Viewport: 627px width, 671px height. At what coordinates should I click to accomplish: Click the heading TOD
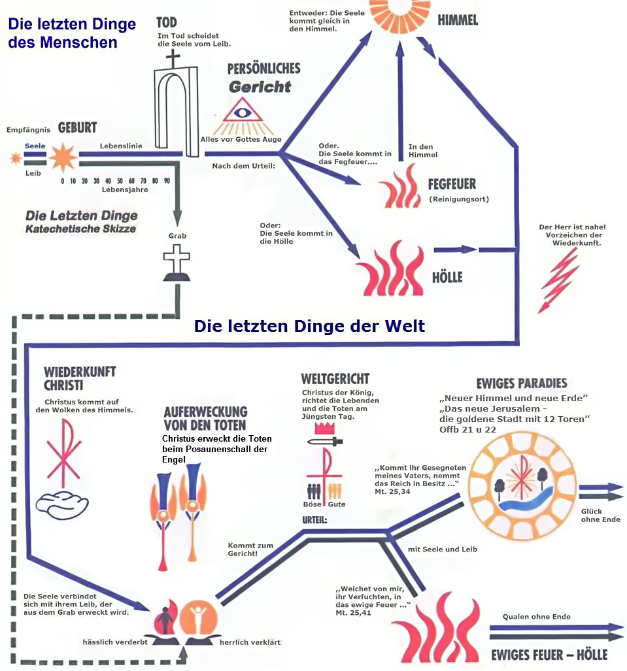click(166, 22)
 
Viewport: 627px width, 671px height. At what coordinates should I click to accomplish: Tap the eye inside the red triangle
click(242, 112)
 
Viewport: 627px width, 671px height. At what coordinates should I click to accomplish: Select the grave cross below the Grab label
click(177, 263)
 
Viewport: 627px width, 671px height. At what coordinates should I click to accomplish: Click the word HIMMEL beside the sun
click(458, 20)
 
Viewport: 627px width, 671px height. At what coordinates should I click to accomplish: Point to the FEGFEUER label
click(452, 184)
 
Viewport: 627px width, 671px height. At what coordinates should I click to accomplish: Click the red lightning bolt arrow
click(559, 281)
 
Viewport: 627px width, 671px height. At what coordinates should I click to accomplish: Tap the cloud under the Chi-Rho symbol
click(62, 505)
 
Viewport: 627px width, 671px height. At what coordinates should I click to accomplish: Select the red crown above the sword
click(325, 428)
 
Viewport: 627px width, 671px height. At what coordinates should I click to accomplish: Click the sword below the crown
click(325, 441)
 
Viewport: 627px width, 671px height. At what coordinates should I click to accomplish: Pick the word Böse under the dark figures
click(312, 504)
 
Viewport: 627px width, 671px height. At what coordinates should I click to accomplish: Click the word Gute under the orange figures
click(337, 504)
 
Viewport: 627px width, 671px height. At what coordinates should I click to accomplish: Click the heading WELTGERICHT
click(335, 379)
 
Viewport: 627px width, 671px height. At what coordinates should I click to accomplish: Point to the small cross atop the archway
click(173, 59)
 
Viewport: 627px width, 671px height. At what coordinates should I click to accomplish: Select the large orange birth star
click(63, 157)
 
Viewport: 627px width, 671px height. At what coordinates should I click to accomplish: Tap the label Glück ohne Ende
click(600, 516)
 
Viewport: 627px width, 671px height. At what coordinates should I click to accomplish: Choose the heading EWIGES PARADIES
click(522, 383)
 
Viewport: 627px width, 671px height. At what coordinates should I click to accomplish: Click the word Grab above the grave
click(177, 236)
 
